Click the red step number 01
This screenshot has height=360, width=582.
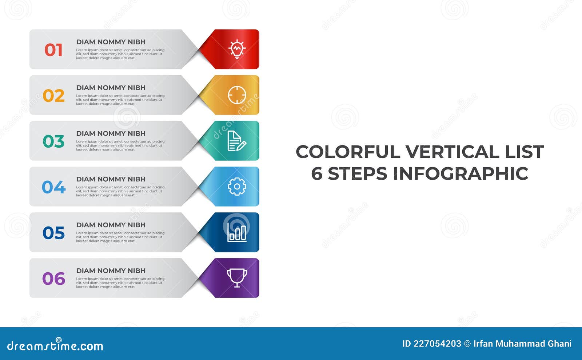53,50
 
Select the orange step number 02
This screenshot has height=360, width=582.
53,96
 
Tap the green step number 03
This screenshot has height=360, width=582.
53,141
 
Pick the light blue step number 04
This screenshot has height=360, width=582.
53,187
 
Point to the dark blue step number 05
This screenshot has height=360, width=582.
53,233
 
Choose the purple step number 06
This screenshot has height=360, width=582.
53,279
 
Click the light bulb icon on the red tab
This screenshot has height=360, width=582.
237,49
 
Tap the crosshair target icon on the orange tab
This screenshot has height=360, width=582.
237,95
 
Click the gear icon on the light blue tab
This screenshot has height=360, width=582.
237,187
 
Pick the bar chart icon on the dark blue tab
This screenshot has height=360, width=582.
237,232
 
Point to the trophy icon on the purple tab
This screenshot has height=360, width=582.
237,278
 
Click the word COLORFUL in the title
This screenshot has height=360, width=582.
348,152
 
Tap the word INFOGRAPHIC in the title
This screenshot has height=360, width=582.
461,173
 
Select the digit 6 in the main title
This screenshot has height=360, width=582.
316,173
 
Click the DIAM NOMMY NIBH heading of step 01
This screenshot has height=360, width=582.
111,42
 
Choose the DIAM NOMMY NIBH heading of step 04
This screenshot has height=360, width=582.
111,179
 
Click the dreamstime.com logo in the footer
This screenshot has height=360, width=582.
55,345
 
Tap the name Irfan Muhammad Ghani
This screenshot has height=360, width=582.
522,344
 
